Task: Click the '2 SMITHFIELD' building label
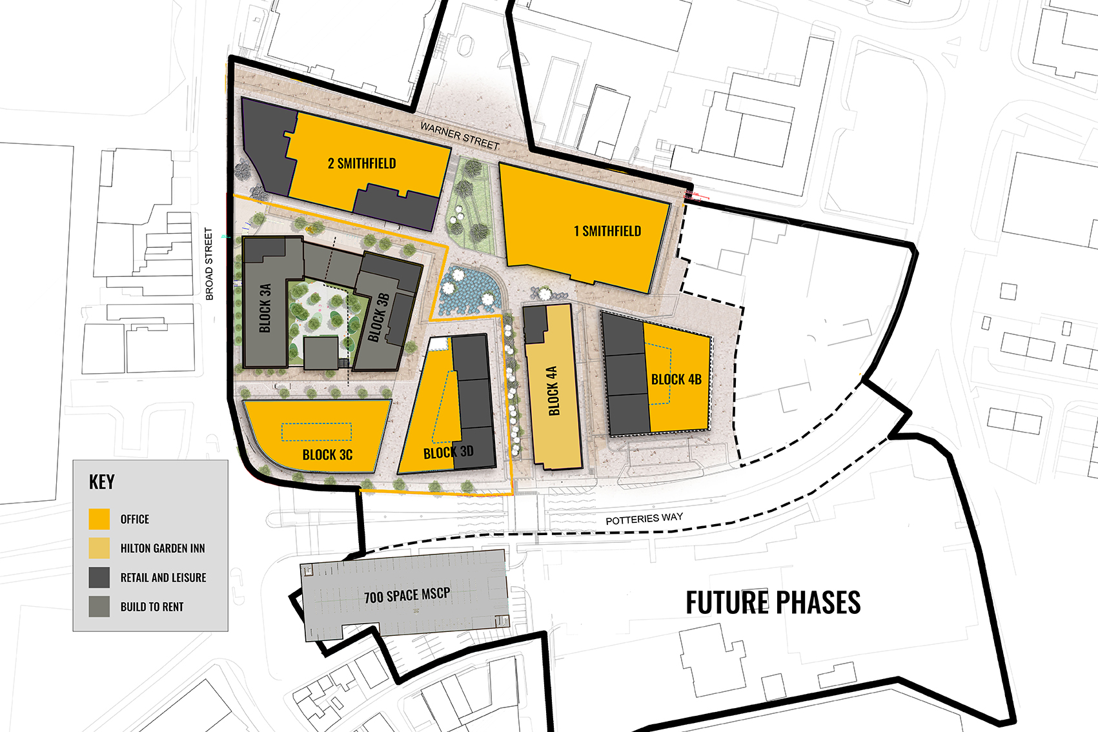point(361,163)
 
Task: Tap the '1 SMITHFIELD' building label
point(607,231)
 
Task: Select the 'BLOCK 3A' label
point(265,308)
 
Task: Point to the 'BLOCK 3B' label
point(379,317)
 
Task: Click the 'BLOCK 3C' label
point(327,454)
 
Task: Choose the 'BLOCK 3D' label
point(449,452)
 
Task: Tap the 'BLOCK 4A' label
point(553,391)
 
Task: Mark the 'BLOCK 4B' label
point(676,380)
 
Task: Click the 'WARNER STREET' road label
point(460,136)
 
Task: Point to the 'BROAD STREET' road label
point(209,264)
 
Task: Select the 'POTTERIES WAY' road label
point(644,519)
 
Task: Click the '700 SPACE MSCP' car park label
point(407,595)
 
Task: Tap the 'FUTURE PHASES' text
point(773,603)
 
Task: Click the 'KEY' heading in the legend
point(102,482)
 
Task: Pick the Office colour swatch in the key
point(99,519)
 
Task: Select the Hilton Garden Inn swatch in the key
point(99,548)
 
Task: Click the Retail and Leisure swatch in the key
point(99,577)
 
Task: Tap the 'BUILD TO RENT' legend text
point(152,607)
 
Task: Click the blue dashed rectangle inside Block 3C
point(316,432)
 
